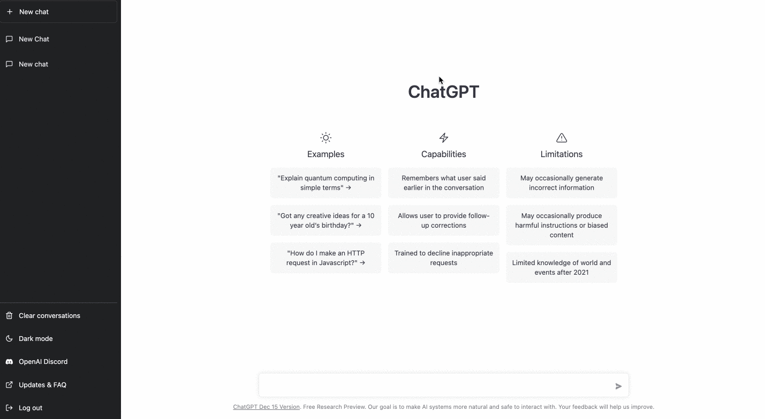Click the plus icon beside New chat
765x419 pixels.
(x=10, y=12)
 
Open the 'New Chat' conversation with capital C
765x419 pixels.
(x=34, y=39)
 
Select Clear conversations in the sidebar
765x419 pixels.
(x=50, y=316)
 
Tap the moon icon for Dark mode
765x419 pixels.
(x=9, y=338)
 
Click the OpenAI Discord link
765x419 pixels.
(x=43, y=362)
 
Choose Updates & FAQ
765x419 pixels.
(x=42, y=385)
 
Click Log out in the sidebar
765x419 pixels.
(x=31, y=408)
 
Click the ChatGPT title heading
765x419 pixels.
(x=444, y=92)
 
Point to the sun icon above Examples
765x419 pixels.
(x=326, y=138)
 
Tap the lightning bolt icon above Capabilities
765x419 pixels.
(x=444, y=138)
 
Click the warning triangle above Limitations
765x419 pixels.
(x=562, y=138)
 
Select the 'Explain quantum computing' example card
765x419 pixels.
(x=326, y=183)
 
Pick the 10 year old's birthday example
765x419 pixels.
(x=326, y=220)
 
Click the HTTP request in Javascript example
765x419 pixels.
(x=326, y=258)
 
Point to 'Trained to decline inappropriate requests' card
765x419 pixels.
(x=444, y=258)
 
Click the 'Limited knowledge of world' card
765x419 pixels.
(x=562, y=267)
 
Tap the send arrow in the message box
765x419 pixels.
(x=618, y=386)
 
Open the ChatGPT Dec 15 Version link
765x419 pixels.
(x=267, y=407)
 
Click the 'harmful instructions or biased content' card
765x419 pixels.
(x=562, y=225)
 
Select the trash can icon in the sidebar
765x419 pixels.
(x=9, y=316)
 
